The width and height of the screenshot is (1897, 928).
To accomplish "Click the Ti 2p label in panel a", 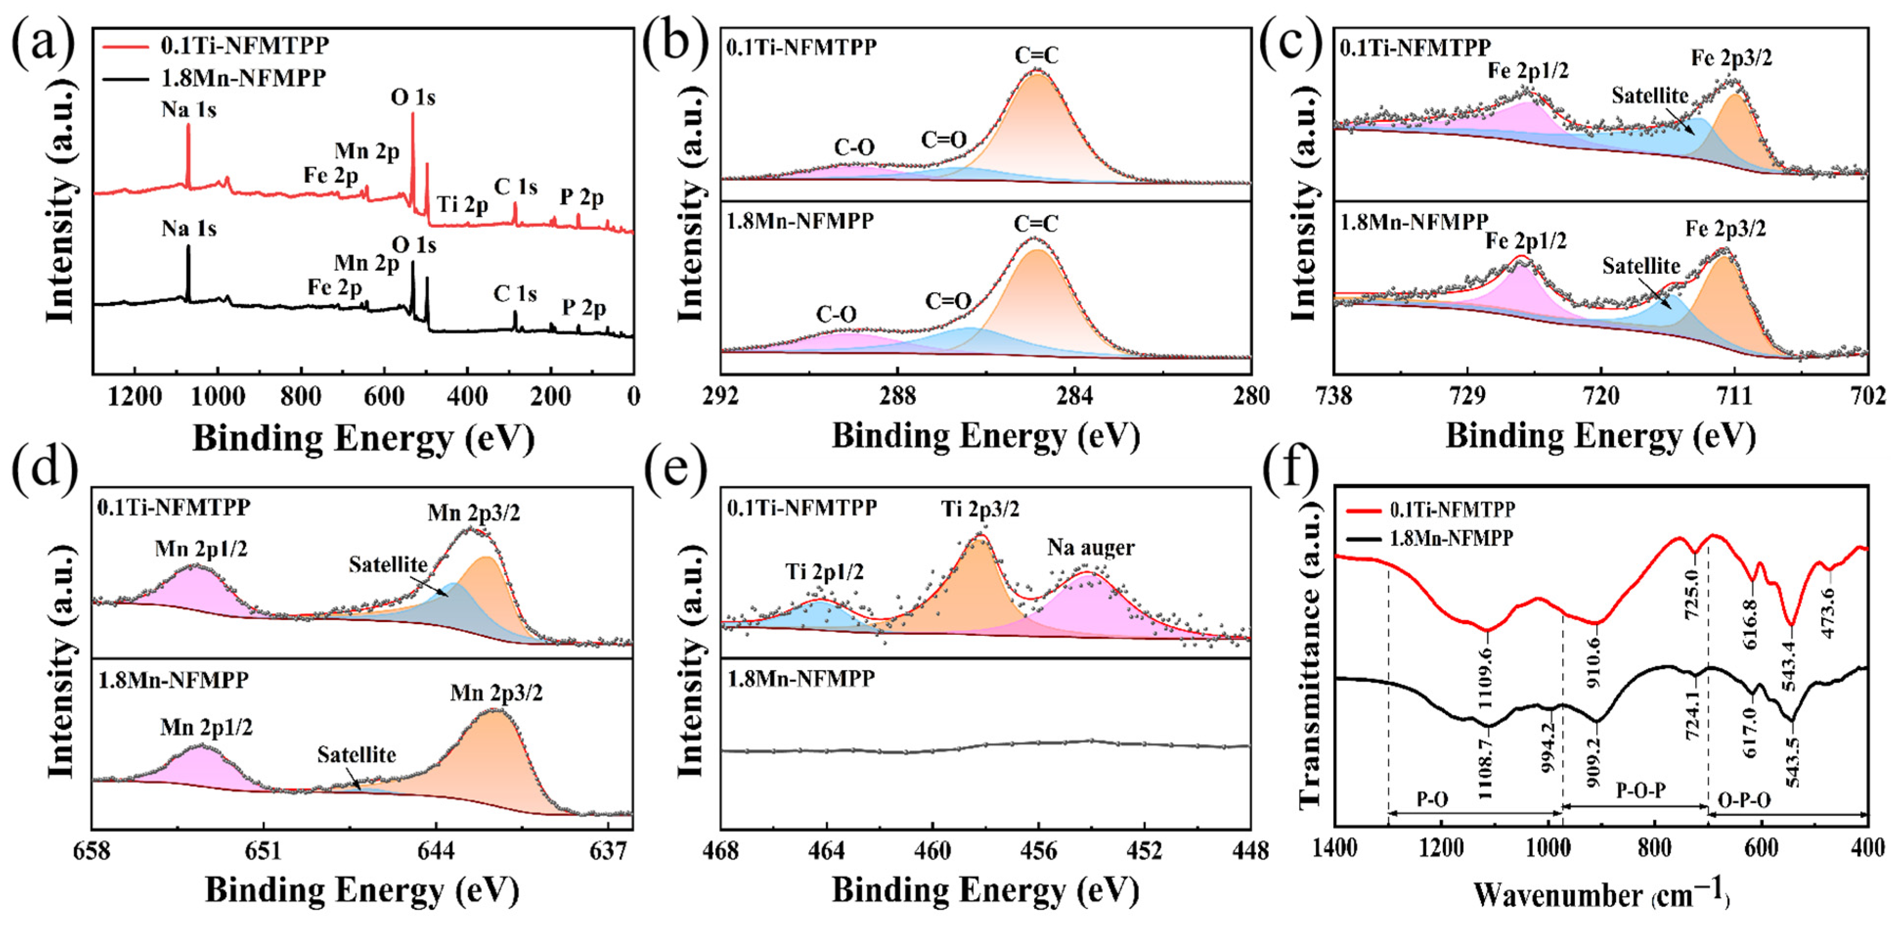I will pyautogui.click(x=462, y=205).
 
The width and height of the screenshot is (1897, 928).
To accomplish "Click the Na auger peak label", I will pyautogui.click(x=1090, y=547).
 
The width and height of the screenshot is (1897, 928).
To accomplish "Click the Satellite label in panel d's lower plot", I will pyautogui.click(x=356, y=755).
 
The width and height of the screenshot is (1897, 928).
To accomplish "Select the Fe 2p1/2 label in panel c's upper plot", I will pyautogui.click(x=1527, y=71).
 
